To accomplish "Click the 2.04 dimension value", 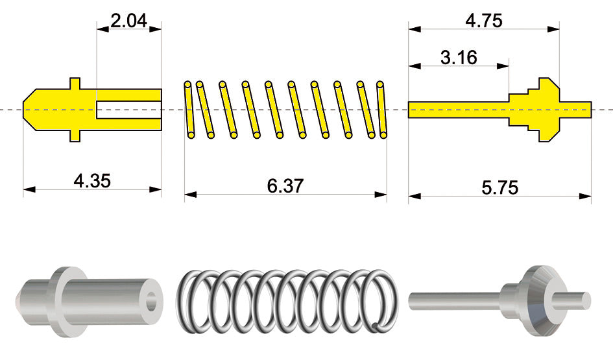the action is (128, 21).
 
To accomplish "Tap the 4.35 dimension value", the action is (92, 181).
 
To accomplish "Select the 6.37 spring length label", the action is (285, 186).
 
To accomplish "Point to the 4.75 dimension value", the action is (484, 20).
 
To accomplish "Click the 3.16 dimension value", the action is (459, 58).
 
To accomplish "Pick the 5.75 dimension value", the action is (500, 187).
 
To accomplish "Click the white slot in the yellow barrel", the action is (129, 110).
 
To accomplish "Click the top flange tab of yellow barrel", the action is (75, 84).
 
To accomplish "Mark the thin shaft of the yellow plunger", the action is (458, 110).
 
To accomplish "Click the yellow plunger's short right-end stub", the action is (575, 110).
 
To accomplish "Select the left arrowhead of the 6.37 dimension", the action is (191, 194).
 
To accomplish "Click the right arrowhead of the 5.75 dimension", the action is (585, 196).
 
